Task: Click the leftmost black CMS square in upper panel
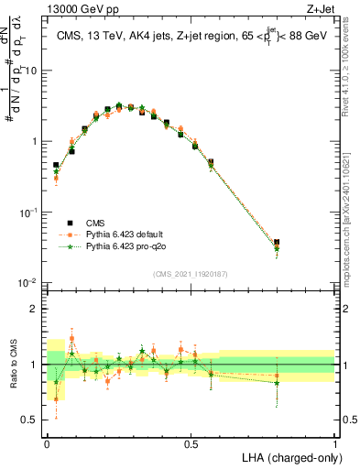(x=56, y=166)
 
